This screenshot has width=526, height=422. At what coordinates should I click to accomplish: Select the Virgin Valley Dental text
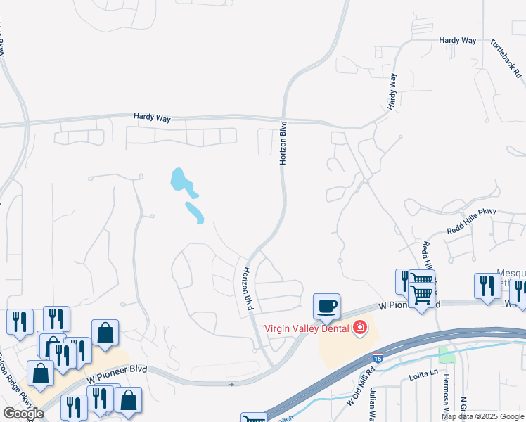[307, 328]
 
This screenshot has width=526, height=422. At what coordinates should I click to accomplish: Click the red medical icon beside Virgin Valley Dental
[359, 328]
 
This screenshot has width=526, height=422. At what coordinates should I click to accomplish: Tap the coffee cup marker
[327, 307]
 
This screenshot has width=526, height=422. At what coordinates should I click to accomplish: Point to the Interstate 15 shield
[378, 359]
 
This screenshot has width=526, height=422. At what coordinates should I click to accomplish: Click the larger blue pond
[181, 182]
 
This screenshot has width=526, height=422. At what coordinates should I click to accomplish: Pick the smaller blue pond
[194, 212]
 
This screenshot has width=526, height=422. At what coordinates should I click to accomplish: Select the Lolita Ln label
[424, 378]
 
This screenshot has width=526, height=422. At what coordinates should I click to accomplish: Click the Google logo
[23, 413]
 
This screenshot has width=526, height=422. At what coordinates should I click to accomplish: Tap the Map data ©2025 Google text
[482, 416]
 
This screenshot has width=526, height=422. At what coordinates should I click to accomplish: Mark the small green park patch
[447, 354]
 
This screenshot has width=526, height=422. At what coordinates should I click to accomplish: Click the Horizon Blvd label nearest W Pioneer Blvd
[248, 289]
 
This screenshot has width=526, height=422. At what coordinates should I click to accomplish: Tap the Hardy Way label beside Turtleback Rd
[458, 41]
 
